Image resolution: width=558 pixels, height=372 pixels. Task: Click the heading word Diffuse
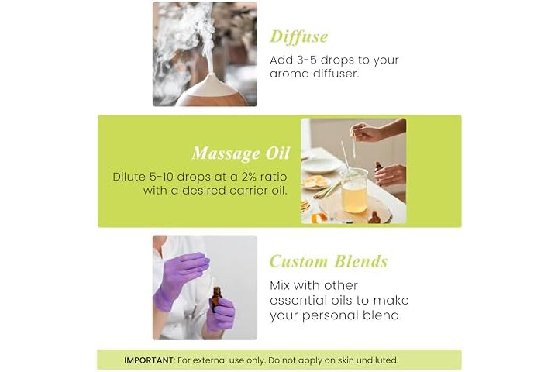tap(298, 37)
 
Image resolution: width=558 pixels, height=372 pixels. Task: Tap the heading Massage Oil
tap(241, 153)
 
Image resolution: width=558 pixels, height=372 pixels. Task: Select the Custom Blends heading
tap(329, 261)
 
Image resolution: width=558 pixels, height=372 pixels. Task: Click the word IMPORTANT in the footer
tap(149, 360)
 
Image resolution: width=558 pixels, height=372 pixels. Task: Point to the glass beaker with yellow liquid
tap(354, 191)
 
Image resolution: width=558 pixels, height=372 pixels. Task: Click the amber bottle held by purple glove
tap(217, 300)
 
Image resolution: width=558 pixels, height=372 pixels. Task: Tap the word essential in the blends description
tap(298, 300)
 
